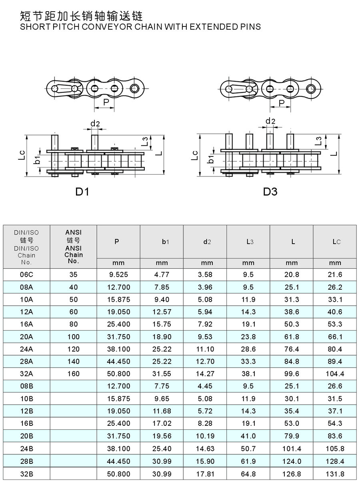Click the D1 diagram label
pos(82,192)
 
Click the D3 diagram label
pos(270,192)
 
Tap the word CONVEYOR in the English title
pos(107,27)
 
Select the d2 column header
pos(207,242)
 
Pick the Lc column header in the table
pos(336,242)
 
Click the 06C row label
pos(26,275)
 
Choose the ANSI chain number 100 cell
pos(74,337)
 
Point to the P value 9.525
pos(118,275)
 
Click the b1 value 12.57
pos(162,312)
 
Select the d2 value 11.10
pos(205,349)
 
